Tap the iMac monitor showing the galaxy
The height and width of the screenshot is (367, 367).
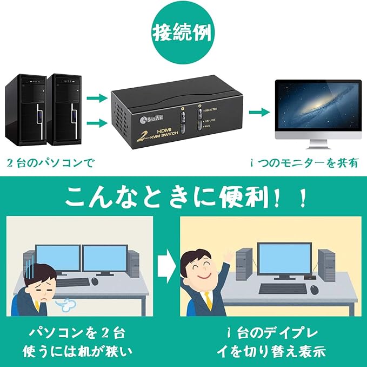click(317, 108)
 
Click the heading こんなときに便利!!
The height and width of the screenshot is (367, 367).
click(184, 198)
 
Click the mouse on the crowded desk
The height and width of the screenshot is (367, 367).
click(95, 281)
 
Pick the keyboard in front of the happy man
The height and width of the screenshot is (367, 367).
click(277, 289)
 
